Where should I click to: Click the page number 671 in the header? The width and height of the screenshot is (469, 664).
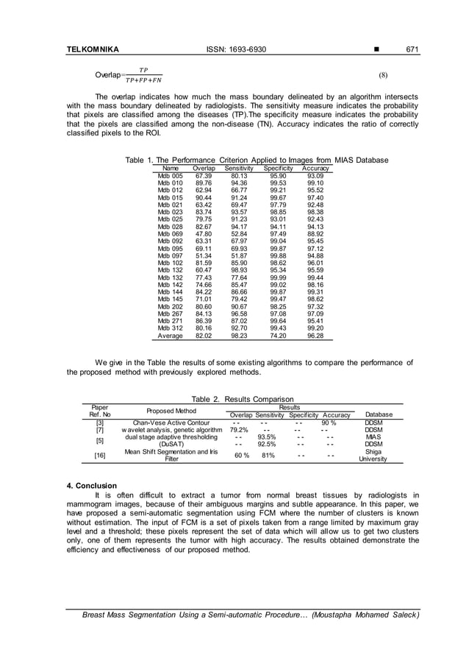412,50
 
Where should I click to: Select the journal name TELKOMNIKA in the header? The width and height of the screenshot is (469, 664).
93,50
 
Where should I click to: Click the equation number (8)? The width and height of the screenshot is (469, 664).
383,75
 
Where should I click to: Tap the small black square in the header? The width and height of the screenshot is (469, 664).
377,50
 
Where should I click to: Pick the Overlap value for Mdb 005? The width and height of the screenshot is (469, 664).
204,175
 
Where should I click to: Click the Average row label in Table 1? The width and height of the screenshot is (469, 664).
171,336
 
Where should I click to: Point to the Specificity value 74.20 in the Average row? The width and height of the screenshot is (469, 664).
278,336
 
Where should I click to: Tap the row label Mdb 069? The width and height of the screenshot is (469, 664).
171,233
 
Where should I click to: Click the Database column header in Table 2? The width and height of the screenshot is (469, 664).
379,414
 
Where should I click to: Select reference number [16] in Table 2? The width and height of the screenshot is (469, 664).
99,456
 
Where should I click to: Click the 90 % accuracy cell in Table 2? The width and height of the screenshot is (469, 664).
329,423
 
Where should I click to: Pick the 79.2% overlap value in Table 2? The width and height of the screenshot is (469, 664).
238,430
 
